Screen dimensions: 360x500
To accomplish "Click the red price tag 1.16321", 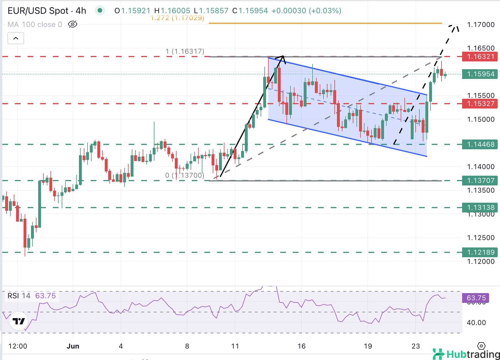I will click(480, 57).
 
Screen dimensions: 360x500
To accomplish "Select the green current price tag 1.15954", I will click(480, 74).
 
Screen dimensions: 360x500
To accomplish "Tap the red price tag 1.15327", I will click(480, 104).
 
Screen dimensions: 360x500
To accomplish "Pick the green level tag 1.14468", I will click(480, 144).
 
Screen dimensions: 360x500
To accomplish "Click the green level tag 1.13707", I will click(480, 181).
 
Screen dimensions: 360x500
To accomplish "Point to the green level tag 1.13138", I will click(480, 207).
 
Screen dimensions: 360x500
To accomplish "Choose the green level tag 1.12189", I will click(480, 252).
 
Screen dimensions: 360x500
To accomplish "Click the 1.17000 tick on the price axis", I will click(481, 25).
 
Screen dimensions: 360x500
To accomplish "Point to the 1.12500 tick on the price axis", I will click(481, 238).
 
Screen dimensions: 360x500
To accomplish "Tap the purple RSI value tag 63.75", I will click(476, 298).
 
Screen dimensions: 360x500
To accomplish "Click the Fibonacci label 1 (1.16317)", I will click(185, 51).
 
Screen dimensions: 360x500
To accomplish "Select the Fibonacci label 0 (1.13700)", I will click(185, 175).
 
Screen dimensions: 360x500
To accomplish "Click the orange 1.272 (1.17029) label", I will click(177, 18).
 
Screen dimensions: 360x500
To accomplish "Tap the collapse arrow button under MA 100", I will click(16, 38).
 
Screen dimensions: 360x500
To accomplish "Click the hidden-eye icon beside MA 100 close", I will click(73, 24).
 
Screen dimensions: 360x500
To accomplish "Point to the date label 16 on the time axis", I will click(301, 346).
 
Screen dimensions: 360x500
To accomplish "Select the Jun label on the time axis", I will click(73, 346).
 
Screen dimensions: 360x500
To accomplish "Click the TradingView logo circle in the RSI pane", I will click(19, 321).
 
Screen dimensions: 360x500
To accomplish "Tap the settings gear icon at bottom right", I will click(481, 346).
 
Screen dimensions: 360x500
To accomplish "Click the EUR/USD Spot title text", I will click(38, 11).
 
